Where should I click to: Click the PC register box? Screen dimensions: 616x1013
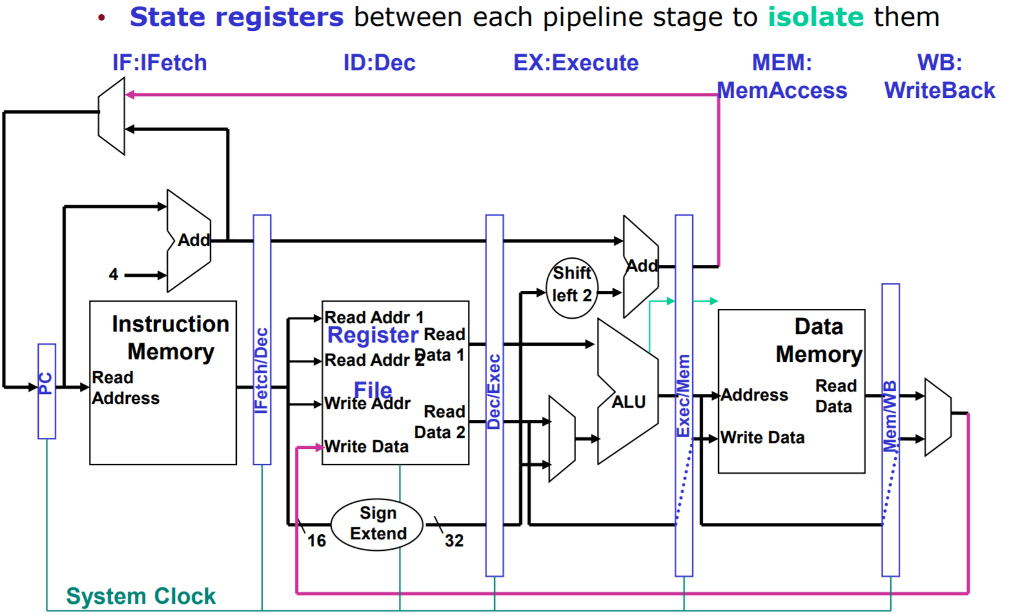[x=46, y=391]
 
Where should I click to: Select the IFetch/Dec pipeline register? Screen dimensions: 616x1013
[x=262, y=340]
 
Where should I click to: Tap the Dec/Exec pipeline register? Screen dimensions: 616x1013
[x=494, y=395]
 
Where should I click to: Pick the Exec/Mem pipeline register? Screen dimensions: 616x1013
[x=684, y=395]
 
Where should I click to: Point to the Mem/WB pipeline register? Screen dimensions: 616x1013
[x=890, y=429]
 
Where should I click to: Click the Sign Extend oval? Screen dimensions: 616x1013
[x=377, y=524]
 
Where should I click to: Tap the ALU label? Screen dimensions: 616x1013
[x=628, y=402]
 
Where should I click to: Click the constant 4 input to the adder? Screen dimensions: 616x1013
[x=114, y=275]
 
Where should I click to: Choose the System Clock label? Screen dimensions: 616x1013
[x=141, y=596]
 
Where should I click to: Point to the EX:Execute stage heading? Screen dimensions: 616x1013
[x=576, y=63]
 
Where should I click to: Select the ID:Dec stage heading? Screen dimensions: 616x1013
[x=379, y=63]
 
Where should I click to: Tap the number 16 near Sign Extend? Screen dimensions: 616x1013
[x=316, y=541]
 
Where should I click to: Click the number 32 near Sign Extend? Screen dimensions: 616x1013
[x=454, y=541]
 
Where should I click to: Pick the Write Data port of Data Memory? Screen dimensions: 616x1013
[x=762, y=437]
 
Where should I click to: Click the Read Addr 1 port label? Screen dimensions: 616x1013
[x=374, y=317]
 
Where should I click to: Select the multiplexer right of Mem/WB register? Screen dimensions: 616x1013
[x=938, y=417]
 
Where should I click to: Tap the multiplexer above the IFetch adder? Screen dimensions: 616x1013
[x=112, y=116]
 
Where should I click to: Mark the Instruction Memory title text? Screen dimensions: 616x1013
[x=170, y=337]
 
